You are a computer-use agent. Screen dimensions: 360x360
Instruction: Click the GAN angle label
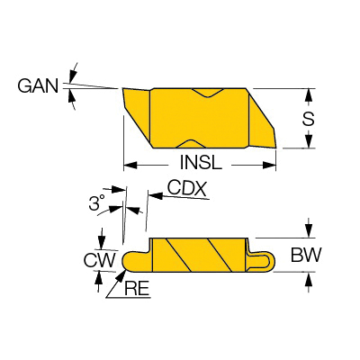click(38, 85)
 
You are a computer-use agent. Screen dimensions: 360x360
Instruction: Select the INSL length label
click(201, 162)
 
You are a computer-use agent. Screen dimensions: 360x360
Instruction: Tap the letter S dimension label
click(308, 119)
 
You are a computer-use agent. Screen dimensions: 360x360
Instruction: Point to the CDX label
click(187, 188)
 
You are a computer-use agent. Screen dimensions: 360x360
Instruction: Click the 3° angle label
click(96, 202)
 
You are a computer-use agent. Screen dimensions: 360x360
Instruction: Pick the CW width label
click(100, 260)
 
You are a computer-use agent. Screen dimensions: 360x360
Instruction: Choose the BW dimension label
click(306, 255)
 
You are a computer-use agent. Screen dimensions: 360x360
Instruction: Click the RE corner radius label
click(137, 289)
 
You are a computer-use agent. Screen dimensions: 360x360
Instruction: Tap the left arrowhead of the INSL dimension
click(130, 165)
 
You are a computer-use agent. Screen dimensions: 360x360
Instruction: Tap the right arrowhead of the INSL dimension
click(269, 165)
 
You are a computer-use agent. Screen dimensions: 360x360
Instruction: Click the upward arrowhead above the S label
click(309, 95)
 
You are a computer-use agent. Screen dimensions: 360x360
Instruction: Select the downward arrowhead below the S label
click(309, 141)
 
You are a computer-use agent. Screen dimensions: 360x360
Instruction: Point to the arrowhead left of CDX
click(156, 196)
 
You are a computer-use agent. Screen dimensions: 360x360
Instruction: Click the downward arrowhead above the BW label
click(309, 231)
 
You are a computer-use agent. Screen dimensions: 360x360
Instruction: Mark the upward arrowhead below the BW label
click(309, 279)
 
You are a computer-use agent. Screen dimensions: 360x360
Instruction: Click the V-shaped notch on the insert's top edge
click(208, 93)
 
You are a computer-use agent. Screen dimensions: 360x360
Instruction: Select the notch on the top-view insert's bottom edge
click(191, 144)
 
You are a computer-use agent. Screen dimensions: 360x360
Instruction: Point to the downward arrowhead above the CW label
click(102, 242)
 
